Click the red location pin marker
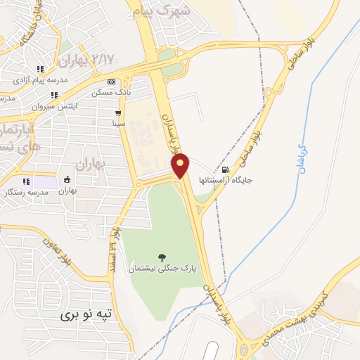[181, 165]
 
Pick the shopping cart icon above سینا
[117, 112]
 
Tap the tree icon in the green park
[163, 257]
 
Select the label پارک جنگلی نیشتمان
[163, 269]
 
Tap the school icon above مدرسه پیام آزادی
[41, 69]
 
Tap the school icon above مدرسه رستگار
[27, 181]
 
